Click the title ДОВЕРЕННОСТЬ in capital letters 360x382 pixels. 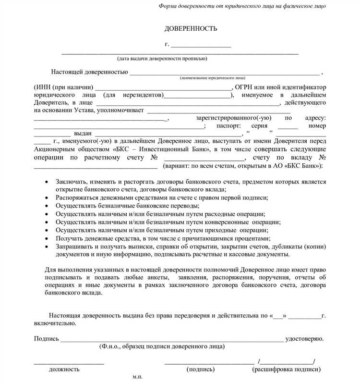click(191, 29)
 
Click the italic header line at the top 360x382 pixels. click(242, 6)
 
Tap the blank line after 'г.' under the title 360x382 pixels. click(201, 46)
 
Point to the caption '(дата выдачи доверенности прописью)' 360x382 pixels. click(163, 59)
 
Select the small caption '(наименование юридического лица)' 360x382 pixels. click(213, 77)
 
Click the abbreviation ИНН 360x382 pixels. click(44, 87)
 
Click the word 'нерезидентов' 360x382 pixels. click(142, 95)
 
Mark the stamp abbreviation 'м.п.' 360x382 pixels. click(137, 377)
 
